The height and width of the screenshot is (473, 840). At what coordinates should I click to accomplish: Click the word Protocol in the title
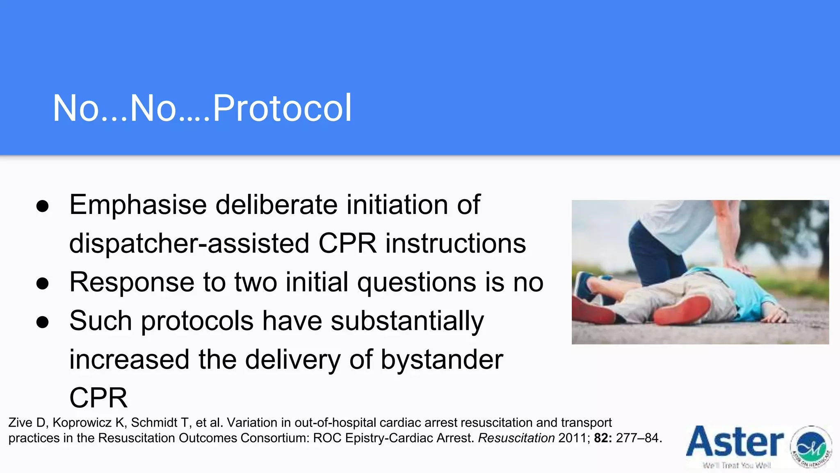[282, 108]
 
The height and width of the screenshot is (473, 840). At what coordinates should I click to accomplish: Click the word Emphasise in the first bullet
[138, 204]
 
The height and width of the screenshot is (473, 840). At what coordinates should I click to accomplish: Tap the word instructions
[455, 243]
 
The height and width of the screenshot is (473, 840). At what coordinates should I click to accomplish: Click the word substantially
[407, 321]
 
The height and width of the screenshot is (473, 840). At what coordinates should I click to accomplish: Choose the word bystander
[442, 359]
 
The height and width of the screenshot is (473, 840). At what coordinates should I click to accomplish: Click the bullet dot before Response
[43, 283]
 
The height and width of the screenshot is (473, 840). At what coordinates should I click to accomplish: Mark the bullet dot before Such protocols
[43, 322]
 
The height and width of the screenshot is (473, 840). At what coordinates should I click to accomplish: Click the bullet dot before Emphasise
[43, 206]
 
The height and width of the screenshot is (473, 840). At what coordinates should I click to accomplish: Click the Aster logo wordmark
[735, 441]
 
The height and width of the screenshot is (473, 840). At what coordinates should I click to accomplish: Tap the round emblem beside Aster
[811, 447]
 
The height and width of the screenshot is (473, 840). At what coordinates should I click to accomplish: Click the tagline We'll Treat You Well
[737, 466]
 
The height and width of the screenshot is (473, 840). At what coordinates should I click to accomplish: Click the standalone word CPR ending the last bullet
[98, 397]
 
